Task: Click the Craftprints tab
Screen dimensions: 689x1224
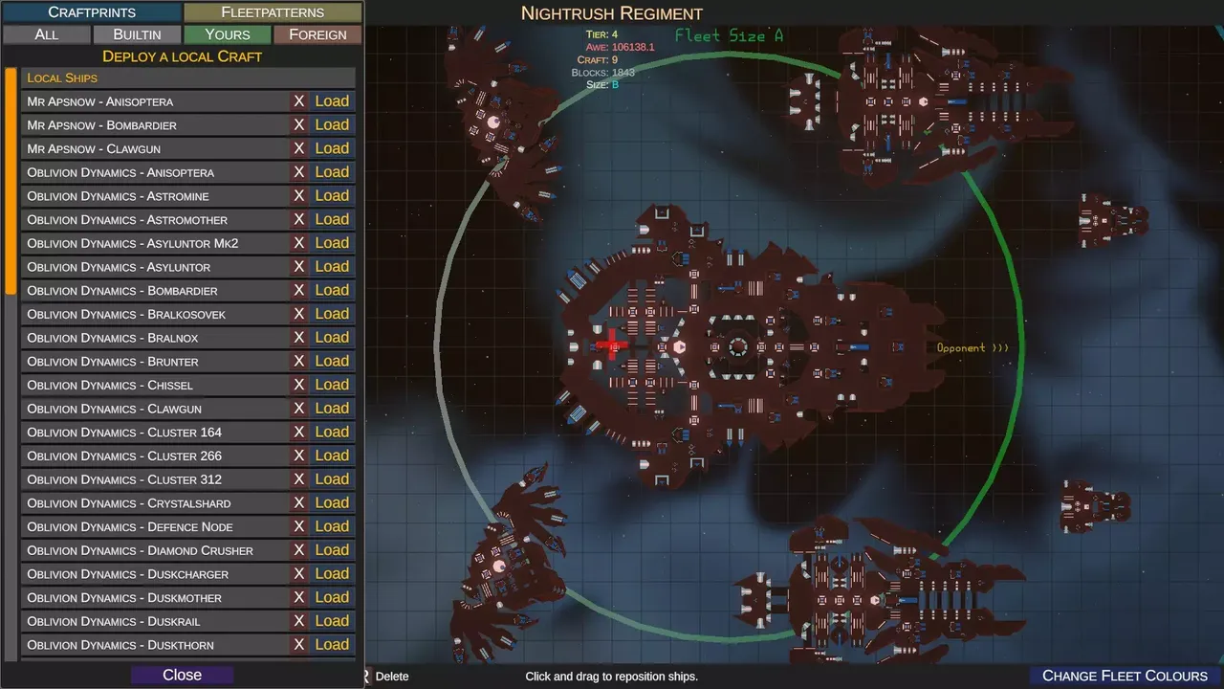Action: [92, 12]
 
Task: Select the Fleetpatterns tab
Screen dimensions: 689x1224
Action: [273, 12]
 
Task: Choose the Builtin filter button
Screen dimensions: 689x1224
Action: [137, 34]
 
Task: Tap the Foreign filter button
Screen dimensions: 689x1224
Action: [317, 34]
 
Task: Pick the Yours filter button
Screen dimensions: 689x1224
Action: [228, 34]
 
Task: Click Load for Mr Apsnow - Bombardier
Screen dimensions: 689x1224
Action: [332, 124]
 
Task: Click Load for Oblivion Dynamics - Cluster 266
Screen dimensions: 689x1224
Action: [332, 456]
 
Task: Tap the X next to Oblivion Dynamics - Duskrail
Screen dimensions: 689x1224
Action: [299, 621]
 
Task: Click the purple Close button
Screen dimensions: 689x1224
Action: [182, 675]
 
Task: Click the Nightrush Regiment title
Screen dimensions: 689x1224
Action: [611, 13]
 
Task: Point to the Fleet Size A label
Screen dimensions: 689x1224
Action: [729, 36]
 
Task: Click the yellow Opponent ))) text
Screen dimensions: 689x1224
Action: [973, 348]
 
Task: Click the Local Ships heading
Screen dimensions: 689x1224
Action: [62, 78]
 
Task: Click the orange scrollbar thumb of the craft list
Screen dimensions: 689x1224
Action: [11, 181]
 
